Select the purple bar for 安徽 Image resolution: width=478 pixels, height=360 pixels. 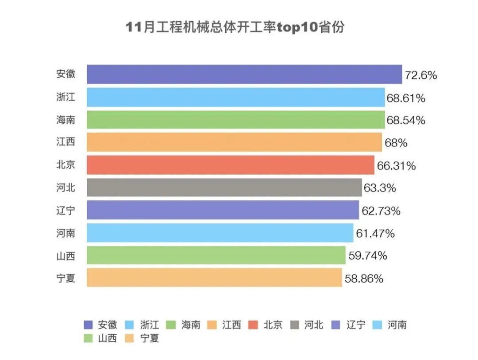click(244, 74)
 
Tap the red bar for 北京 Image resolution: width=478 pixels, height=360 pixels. click(230, 165)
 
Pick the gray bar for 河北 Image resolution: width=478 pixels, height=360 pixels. click(224, 188)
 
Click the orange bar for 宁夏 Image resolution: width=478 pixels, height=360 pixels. click(214, 278)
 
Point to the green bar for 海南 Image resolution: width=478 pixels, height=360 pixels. click(235, 120)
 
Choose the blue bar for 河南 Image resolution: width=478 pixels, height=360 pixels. click(220, 233)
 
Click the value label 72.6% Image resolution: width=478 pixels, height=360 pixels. click(421, 75)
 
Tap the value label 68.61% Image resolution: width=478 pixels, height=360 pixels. click(406, 98)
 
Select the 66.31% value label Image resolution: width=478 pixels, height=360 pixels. click(397, 166)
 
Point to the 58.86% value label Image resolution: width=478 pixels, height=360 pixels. click(364, 279)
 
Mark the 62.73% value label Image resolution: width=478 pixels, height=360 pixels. click(381, 211)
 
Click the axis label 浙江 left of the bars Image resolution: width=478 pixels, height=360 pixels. click(66, 97)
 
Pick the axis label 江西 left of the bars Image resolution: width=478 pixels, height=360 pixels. click(66, 142)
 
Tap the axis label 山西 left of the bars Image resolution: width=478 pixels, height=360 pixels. click(66, 255)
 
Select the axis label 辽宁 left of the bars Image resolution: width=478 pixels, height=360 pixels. click(66, 210)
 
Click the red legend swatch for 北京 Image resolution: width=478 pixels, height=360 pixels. click(254, 325)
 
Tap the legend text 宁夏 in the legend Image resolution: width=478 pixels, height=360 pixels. click(150, 338)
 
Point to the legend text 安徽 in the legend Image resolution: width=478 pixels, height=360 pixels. click(108, 325)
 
